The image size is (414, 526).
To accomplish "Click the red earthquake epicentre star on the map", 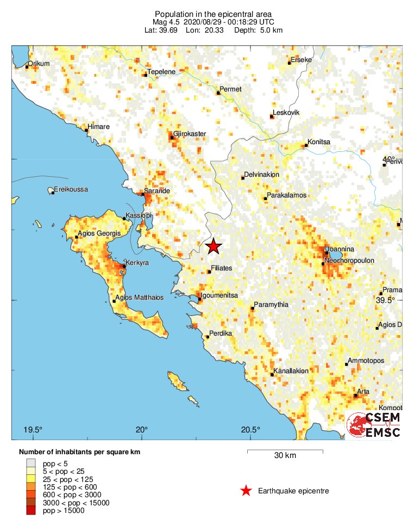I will click(214, 246).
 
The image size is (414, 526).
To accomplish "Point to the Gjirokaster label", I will click(190, 134).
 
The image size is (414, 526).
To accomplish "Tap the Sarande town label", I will click(157, 191).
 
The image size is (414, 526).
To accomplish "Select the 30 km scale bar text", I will click(285, 456).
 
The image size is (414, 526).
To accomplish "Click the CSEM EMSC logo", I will click(374, 425).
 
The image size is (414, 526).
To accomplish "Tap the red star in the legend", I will click(246, 491).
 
